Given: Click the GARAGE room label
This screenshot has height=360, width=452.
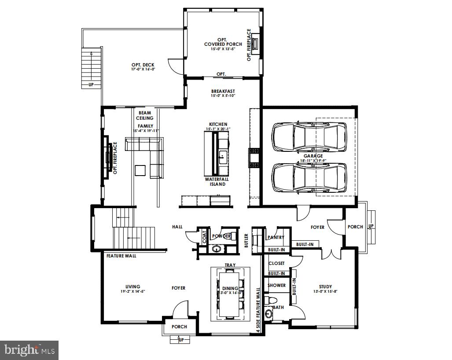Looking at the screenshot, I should pos(312,155).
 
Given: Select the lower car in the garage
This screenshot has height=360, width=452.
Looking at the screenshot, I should pos(309,177).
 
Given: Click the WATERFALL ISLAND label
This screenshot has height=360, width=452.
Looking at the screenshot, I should pos(215,182).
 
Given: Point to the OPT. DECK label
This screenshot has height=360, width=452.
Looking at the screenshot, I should pos(143,65).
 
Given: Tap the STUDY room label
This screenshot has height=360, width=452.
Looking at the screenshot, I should pos(325,286).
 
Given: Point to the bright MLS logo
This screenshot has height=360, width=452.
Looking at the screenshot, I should pos(29,350).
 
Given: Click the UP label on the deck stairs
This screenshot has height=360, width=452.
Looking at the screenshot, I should pos(91,84).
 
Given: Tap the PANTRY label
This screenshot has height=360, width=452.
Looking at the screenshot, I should pos(276,237).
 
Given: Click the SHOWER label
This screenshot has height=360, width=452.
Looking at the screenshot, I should pos(277,285).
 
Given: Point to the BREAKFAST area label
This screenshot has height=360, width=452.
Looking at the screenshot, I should pos(223,91).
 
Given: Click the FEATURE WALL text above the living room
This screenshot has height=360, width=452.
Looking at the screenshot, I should pos(121,255).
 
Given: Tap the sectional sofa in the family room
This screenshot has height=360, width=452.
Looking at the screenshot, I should pos(145,145).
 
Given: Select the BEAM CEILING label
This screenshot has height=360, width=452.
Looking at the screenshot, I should pos(146,115).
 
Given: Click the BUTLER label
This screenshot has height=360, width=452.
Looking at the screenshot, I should pos(246,240).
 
